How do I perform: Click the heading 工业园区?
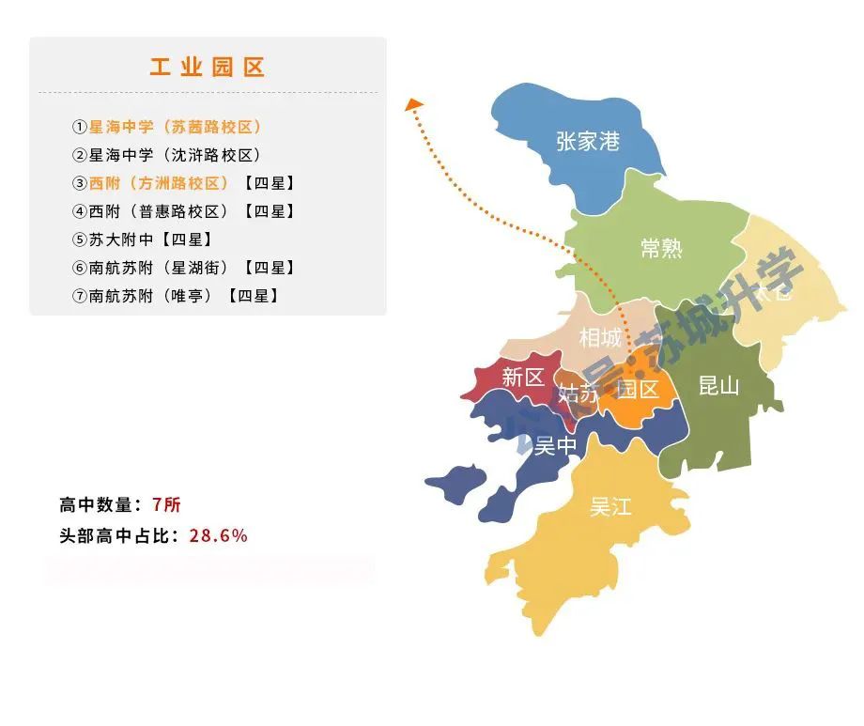(x=208, y=68)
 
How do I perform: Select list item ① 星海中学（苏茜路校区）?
(x=167, y=127)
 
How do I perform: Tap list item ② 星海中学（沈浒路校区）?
(x=167, y=155)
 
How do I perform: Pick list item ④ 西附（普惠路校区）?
(x=184, y=211)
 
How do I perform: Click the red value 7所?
(x=165, y=505)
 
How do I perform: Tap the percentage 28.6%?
(x=218, y=535)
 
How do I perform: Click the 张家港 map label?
(x=588, y=142)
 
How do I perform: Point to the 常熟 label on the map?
(x=661, y=248)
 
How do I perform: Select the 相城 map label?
(x=600, y=337)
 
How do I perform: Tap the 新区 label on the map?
(x=523, y=378)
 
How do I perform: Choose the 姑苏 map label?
(x=578, y=394)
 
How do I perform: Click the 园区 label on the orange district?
(x=639, y=389)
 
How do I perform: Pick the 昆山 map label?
(x=719, y=385)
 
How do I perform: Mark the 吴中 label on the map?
(x=555, y=446)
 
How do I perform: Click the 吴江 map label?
(x=610, y=507)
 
